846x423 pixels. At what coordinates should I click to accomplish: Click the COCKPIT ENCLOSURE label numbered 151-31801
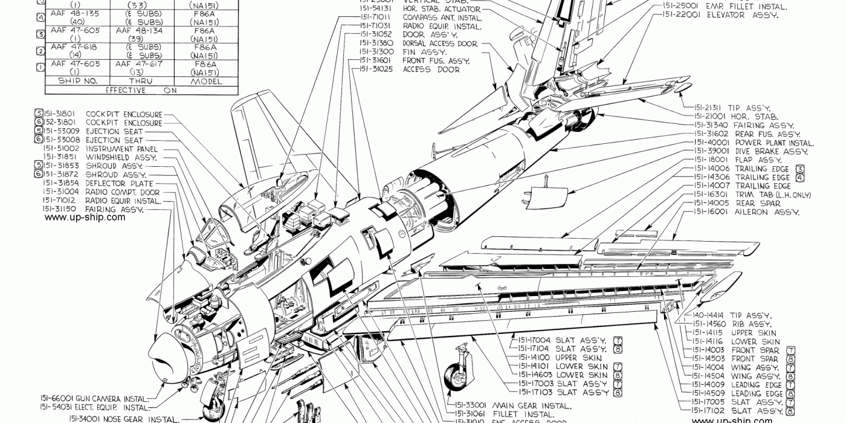coord(124,114)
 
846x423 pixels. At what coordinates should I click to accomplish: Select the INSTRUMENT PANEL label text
coord(121,149)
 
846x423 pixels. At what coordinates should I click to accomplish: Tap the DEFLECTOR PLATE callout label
coord(120,183)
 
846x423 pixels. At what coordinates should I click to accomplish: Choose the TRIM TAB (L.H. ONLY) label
coord(773,195)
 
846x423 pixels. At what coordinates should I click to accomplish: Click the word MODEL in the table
coord(207,81)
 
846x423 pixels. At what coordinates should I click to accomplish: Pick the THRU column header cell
coord(140,81)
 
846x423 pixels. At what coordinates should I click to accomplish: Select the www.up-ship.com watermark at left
coord(85,218)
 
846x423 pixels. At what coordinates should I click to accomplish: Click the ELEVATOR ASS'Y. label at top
coord(717,15)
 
